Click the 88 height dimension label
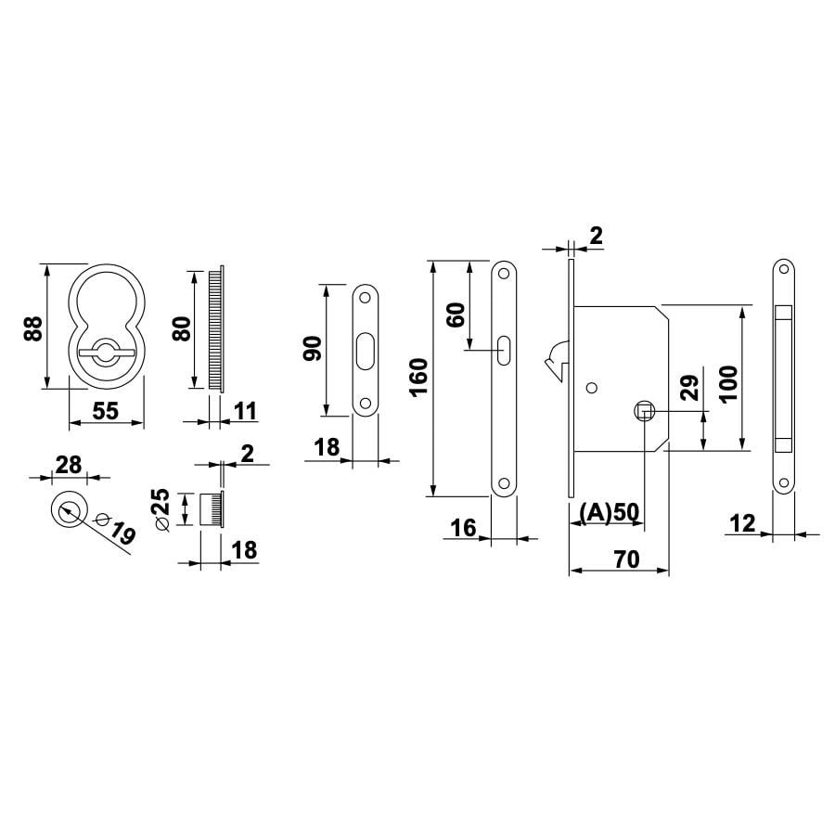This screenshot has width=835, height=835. click(33, 328)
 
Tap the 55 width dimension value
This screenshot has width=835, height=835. click(106, 411)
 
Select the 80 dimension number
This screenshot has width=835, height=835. click(182, 328)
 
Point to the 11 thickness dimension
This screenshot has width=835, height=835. click(246, 411)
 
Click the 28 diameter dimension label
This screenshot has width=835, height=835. click(69, 465)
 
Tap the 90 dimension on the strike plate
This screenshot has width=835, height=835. click(313, 349)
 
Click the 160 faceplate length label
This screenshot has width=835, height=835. click(419, 377)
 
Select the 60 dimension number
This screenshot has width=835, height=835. click(456, 315)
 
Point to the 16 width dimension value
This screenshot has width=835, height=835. click(463, 528)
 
